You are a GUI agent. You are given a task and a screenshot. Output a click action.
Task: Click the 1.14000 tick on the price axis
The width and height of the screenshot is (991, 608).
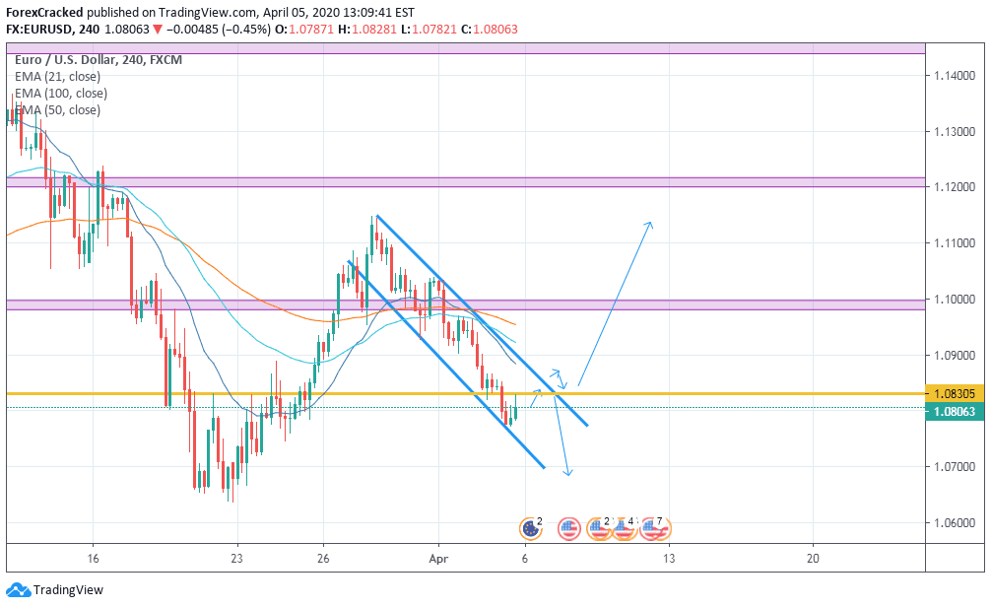955,75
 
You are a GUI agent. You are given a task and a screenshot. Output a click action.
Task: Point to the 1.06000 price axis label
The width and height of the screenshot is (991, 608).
955,522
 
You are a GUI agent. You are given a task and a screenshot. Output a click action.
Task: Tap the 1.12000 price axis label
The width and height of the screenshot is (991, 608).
955,186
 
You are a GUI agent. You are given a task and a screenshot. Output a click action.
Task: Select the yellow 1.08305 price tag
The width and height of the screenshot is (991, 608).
956,394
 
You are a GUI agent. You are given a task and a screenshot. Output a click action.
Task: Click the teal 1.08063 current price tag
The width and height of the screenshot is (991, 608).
956,412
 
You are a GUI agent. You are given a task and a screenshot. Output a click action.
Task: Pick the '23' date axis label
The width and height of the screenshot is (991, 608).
236,557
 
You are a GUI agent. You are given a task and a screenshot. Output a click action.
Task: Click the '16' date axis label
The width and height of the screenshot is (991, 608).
93,557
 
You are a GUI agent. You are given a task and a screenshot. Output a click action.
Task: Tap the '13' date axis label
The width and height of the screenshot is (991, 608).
669,557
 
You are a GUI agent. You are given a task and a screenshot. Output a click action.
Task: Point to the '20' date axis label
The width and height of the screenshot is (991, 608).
813,557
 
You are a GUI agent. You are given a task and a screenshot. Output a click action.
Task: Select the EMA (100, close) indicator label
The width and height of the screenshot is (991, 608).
61,93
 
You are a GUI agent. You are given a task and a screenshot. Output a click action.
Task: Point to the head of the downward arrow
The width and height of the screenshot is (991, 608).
568,475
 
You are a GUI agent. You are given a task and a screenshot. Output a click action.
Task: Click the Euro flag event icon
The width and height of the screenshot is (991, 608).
530,529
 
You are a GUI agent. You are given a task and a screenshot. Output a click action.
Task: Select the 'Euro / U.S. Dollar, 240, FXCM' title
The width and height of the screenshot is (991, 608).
99,60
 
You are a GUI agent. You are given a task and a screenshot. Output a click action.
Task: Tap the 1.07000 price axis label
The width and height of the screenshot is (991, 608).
955,466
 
